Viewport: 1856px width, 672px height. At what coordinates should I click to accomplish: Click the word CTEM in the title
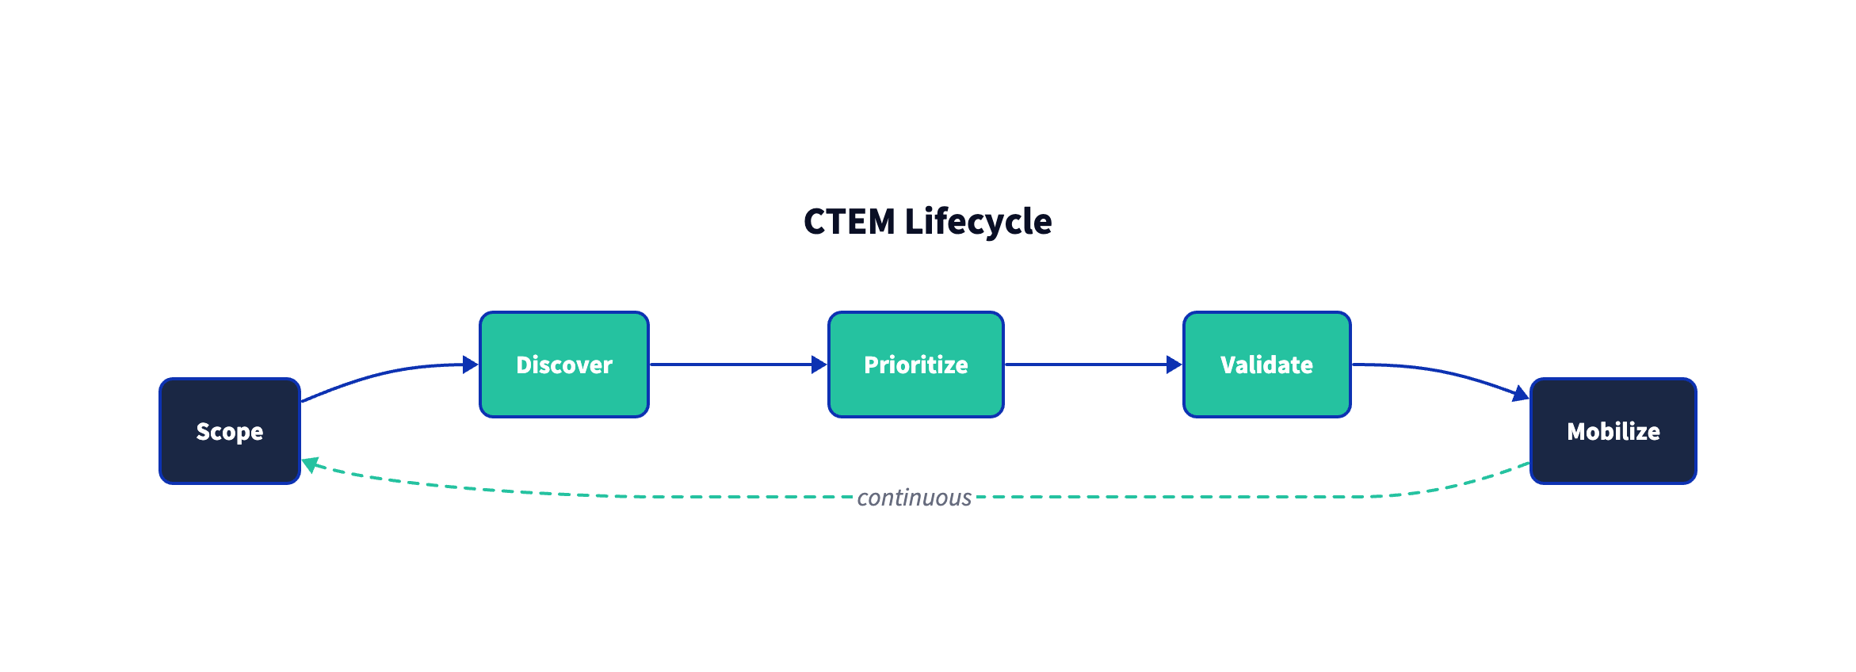(x=849, y=222)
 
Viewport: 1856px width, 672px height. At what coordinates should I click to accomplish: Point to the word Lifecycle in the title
(x=979, y=222)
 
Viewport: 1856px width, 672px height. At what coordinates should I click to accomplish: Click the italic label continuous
(x=914, y=498)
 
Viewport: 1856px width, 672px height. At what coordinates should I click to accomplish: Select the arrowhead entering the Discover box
(x=471, y=365)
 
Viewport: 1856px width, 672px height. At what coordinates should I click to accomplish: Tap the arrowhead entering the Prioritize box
(x=819, y=365)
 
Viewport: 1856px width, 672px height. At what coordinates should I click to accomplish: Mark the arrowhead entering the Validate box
(x=1174, y=365)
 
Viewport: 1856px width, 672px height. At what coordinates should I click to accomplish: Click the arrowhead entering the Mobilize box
(x=1521, y=393)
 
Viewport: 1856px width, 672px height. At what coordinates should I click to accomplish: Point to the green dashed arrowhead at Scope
(x=311, y=464)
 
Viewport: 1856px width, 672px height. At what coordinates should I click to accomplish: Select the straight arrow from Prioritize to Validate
(x=1086, y=365)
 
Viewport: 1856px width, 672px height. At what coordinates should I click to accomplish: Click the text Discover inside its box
(x=564, y=365)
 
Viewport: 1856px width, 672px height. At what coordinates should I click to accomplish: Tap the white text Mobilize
(x=1613, y=432)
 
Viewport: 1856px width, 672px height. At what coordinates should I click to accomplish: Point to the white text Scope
(x=230, y=432)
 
